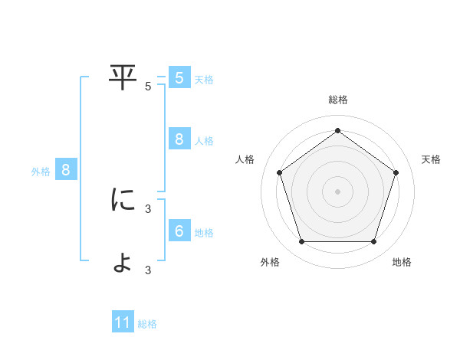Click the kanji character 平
(x=123, y=77)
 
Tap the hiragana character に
(x=123, y=200)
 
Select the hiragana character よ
(x=123, y=262)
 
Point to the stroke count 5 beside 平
(x=148, y=87)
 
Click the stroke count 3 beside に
(x=148, y=208)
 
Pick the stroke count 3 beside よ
(x=148, y=270)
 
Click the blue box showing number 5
(x=179, y=77)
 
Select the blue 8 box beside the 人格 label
(x=179, y=139)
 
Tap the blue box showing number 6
(x=179, y=231)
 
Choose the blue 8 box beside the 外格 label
(x=65, y=170)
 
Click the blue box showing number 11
(x=123, y=322)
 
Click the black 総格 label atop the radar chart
(x=338, y=100)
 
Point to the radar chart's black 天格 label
(x=431, y=159)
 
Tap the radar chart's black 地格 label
(x=402, y=262)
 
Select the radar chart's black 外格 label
(x=270, y=262)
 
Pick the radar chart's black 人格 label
(x=245, y=159)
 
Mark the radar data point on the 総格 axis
(x=338, y=131)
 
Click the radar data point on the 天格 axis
(x=396, y=172)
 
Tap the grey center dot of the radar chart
(x=338, y=191)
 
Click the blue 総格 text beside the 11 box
(x=147, y=324)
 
